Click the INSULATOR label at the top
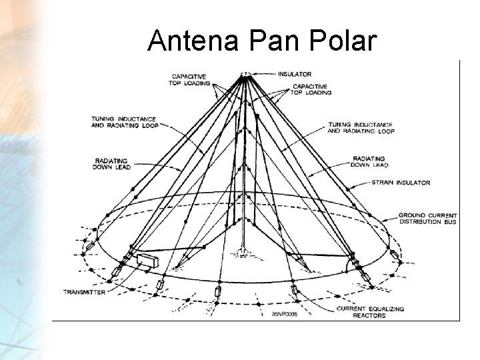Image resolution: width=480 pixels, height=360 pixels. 295,74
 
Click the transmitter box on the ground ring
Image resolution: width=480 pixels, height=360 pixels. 146,260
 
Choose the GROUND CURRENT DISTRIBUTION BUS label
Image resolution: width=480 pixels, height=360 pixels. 427,219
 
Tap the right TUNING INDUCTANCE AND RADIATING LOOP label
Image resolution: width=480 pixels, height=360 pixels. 361,127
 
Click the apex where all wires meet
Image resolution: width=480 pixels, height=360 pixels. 245,75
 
